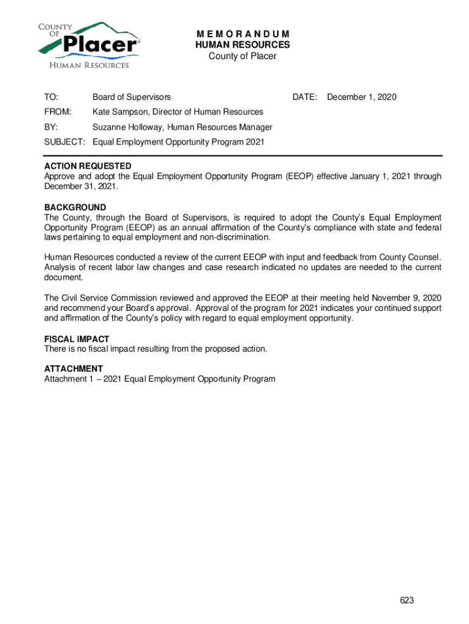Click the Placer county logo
click(88, 46)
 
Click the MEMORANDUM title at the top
click(242, 34)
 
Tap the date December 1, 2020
click(362, 97)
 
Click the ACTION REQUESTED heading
click(88, 166)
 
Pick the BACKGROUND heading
click(75, 207)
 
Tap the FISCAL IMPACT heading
click(77, 339)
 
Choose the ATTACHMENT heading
click(73, 369)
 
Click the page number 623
click(407, 600)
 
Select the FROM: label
click(57, 112)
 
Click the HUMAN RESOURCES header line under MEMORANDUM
click(242, 45)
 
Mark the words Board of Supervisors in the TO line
click(132, 97)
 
